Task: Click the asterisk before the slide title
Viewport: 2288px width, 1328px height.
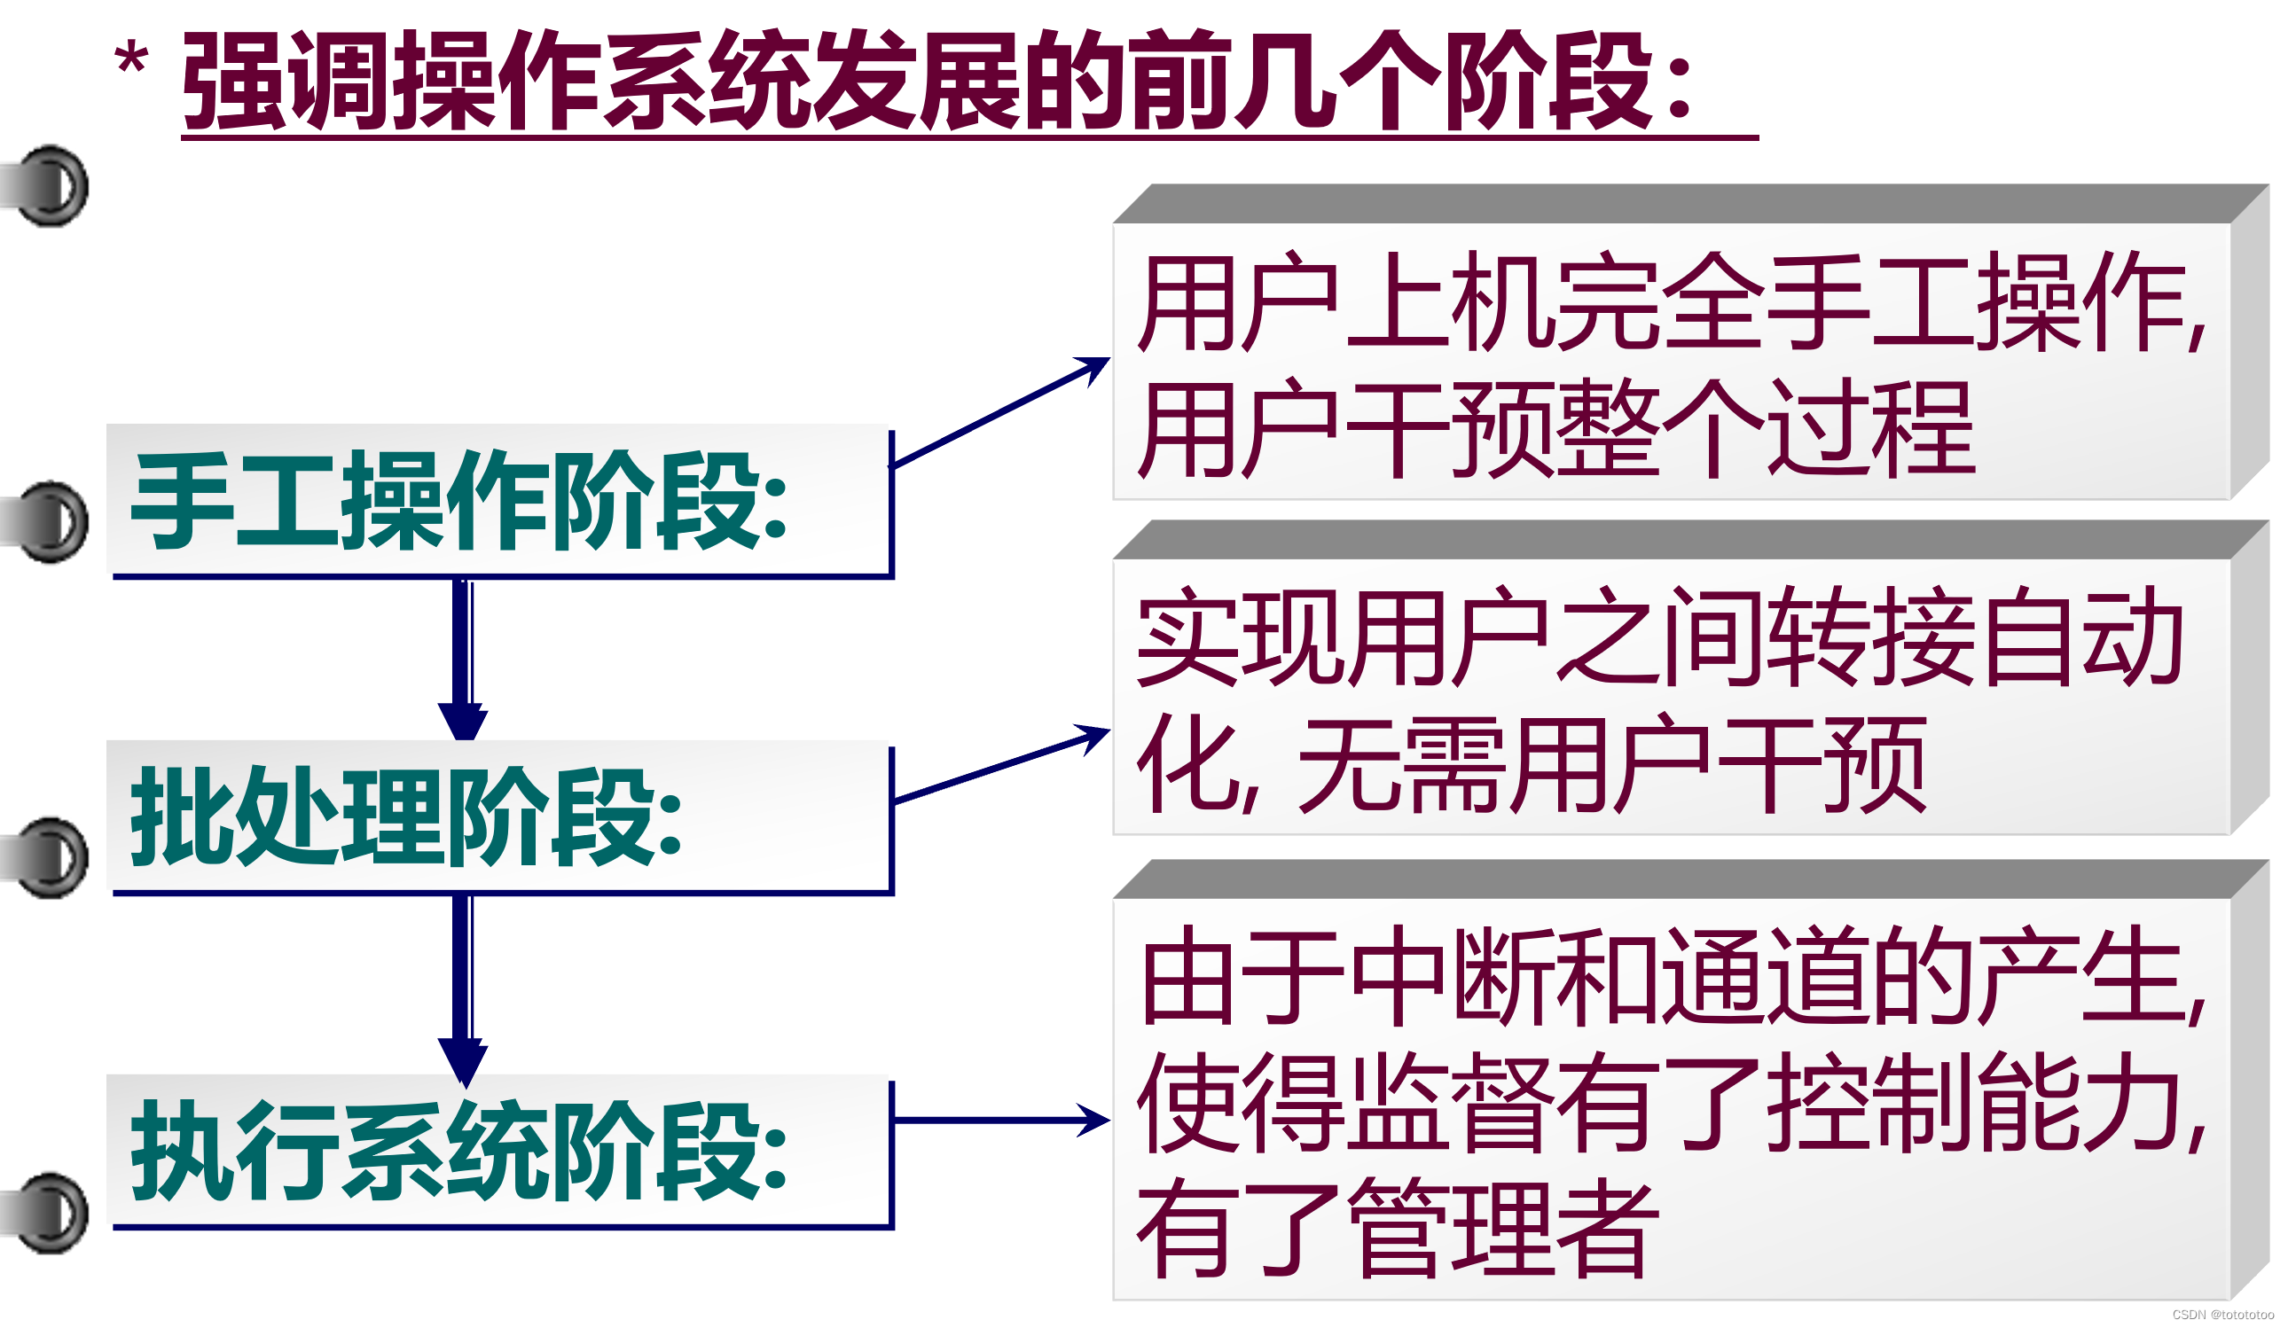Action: coord(131,62)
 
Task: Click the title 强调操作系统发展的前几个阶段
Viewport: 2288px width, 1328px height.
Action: coord(936,82)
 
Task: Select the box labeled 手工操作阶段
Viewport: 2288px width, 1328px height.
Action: coord(499,501)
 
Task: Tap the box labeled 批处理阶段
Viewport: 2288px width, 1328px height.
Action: coord(499,817)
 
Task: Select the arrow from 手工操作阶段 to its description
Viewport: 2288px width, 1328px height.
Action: coord(999,413)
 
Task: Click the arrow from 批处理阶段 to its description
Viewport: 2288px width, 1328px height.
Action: coord(999,767)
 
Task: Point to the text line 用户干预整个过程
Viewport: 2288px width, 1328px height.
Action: coord(1557,429)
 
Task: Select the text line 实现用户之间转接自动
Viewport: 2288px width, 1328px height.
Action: coord(1657,638)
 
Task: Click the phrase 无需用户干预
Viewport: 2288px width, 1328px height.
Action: coord(1611,765)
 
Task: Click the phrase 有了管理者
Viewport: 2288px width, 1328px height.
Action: coord(1399,1230)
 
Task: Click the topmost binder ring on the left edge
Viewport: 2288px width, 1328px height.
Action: coord(50,186)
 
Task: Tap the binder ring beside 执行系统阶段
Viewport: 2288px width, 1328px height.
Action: coord(50,1215)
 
